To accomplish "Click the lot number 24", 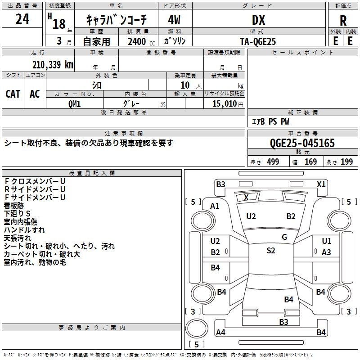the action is pos(22,19).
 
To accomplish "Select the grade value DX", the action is pos(258,20).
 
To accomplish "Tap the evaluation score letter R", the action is pos(343,20).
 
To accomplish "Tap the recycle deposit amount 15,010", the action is pos(224,103).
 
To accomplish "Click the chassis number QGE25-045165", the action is pos(302,143).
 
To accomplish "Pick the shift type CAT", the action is pos(13,94).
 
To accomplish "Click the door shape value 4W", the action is pos(174,20).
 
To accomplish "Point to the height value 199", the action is pos(346,162).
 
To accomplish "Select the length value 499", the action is pos(273,162).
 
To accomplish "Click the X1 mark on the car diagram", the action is pos(321,184).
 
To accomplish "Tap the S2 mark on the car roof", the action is pos(270,251).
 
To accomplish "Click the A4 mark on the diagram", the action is pos(220,333).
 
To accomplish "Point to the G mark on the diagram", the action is pos(284,237).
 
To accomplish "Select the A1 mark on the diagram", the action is pos(215,206).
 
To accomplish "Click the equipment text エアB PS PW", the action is pos(270,121).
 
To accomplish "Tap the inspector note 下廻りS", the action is pos(17,213).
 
